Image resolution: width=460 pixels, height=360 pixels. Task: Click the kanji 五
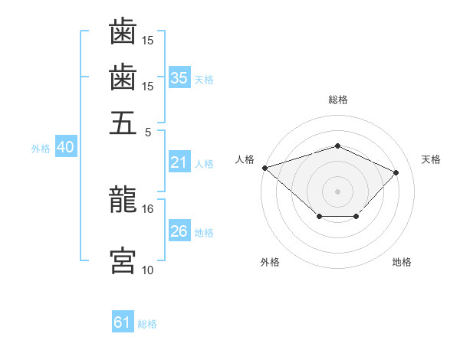(123, 122)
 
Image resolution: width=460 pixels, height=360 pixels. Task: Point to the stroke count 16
(148, 208)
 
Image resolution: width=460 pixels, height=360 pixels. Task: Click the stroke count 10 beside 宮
(148, 270)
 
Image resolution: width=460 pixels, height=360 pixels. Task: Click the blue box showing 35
(179, 78)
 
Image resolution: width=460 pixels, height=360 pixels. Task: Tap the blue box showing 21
(179, 162)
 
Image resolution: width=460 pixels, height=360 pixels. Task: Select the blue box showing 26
(179, 231)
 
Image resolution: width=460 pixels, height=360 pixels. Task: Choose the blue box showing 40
(65, 148)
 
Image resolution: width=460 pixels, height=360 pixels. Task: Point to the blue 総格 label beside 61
(147, 324)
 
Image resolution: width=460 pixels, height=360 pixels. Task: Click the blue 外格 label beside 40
(41, 149)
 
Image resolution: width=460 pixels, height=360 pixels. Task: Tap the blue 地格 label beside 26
(204, 232)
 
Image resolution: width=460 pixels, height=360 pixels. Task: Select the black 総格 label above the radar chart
(338, 100)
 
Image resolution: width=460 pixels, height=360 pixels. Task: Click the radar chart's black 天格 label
(431, 159)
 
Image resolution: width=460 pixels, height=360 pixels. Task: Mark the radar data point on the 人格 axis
(264, 168)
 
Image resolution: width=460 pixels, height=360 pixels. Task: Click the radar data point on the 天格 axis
(396, 172)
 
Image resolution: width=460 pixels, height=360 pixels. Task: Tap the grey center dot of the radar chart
(337, 191)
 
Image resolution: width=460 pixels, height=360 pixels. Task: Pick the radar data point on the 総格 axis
(337, 146)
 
